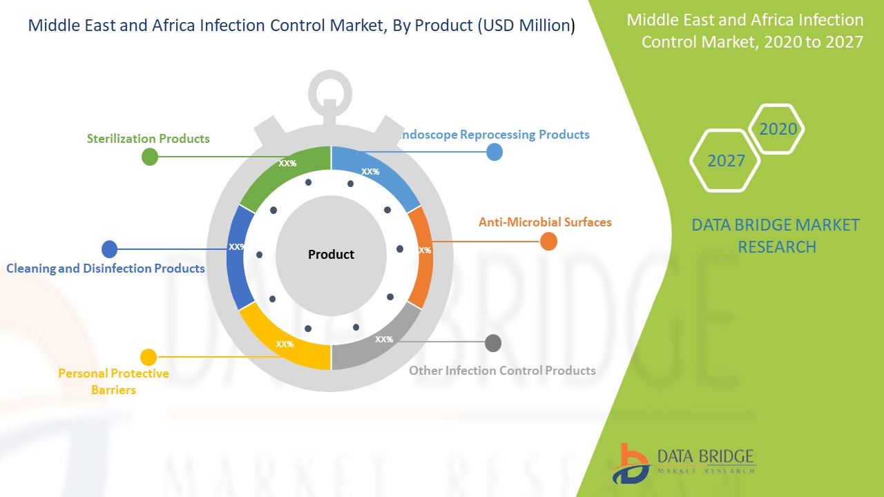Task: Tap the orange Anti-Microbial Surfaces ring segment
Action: pyautogui.click(x=421, y=255)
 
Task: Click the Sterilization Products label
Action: pyautogui.click(x=148, y=139)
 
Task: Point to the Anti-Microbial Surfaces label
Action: pyautogui.click(x=545, y=222)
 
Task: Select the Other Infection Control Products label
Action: pyautogui.click(x=502, y=371)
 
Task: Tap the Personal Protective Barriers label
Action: pyautogui.click(x=113, y=382)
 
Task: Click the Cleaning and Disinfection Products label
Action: pyautogui.click(x=106, y=268)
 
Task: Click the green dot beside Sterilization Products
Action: pyautogui.click(x=149, y=157)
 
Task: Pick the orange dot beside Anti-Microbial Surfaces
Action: pyautogui.click(x=548, y=242)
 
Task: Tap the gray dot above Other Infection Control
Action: pyautogui.click(x=493, y=343)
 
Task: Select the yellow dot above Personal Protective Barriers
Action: pyautogui.click(x=148, y=358)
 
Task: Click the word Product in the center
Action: pyautogui.click(x=331, y=255)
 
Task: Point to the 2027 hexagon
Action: pyautogui.click(x=725, y=161)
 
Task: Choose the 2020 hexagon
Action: pyautogui.click(x=778, y=129)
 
